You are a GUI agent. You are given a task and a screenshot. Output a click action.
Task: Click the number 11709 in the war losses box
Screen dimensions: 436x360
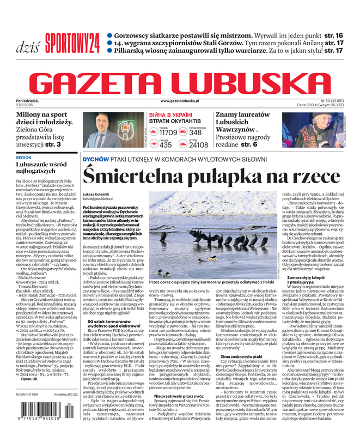168,132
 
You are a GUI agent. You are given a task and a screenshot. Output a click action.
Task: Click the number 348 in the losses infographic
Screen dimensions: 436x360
196,132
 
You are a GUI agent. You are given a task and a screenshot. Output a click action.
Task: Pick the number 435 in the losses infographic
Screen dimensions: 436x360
166,145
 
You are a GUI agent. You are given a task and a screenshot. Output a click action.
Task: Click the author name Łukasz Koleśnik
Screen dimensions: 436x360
98,194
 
